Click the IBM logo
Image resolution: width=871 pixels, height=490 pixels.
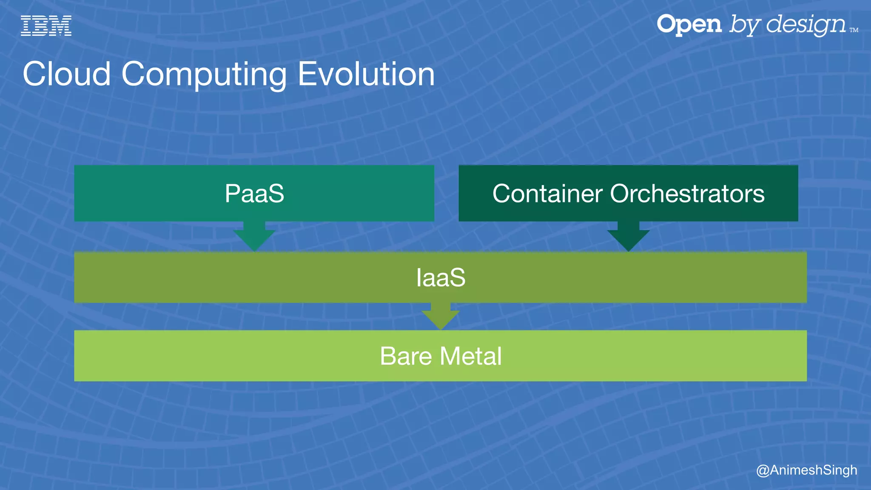(46, 26)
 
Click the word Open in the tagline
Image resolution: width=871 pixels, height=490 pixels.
(689, 25)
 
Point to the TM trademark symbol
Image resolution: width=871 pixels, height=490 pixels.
(854, 30)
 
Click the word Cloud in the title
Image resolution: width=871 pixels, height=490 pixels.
(67, 74)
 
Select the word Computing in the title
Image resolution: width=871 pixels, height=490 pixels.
(204, 75)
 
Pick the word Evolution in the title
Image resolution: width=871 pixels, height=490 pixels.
(366, 74)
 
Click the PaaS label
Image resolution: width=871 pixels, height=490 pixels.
(254, 194)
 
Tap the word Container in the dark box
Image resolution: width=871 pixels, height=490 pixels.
(547, 194)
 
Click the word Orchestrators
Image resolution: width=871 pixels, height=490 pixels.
(687, 194)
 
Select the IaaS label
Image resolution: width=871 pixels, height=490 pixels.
(441, 278)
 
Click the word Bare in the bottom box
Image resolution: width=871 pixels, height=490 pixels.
(406, 356)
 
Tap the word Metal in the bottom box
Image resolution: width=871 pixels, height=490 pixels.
(471, 356)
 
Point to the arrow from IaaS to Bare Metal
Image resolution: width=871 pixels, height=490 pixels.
(441, 317)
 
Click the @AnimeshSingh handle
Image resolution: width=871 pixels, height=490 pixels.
(806, 470)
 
